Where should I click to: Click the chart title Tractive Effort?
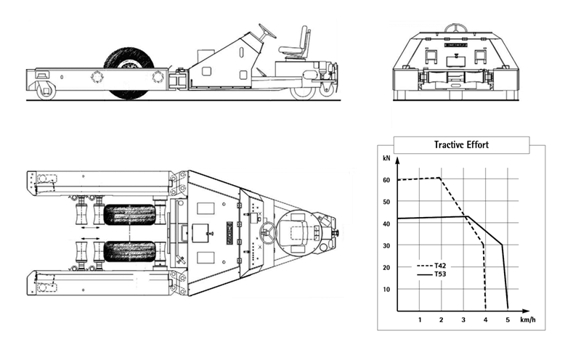pos(461,145)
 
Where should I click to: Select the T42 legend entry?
pos(431,266)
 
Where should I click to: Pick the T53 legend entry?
pos(431,274)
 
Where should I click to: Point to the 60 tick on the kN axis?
pos(386,180)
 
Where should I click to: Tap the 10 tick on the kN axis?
pos(386,290)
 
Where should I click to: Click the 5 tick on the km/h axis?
pos(508,320)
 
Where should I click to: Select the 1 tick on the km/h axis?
pos(420,320)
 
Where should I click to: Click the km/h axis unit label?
pos(528,319)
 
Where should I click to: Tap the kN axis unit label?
pos(386,158)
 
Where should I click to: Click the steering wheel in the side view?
pos(267,31)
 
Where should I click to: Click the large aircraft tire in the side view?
pos(129,73)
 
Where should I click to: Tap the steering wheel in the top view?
pos(268,232)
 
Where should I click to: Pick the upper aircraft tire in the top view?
pos(129,215)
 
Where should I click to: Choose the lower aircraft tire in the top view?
pos(129,251)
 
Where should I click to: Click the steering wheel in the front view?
pos(455,28)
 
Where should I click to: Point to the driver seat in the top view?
pos(298,232)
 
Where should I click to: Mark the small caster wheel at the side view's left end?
pos(46,91)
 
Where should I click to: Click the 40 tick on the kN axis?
pos(386,224)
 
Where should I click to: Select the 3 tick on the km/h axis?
pos(463,320)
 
